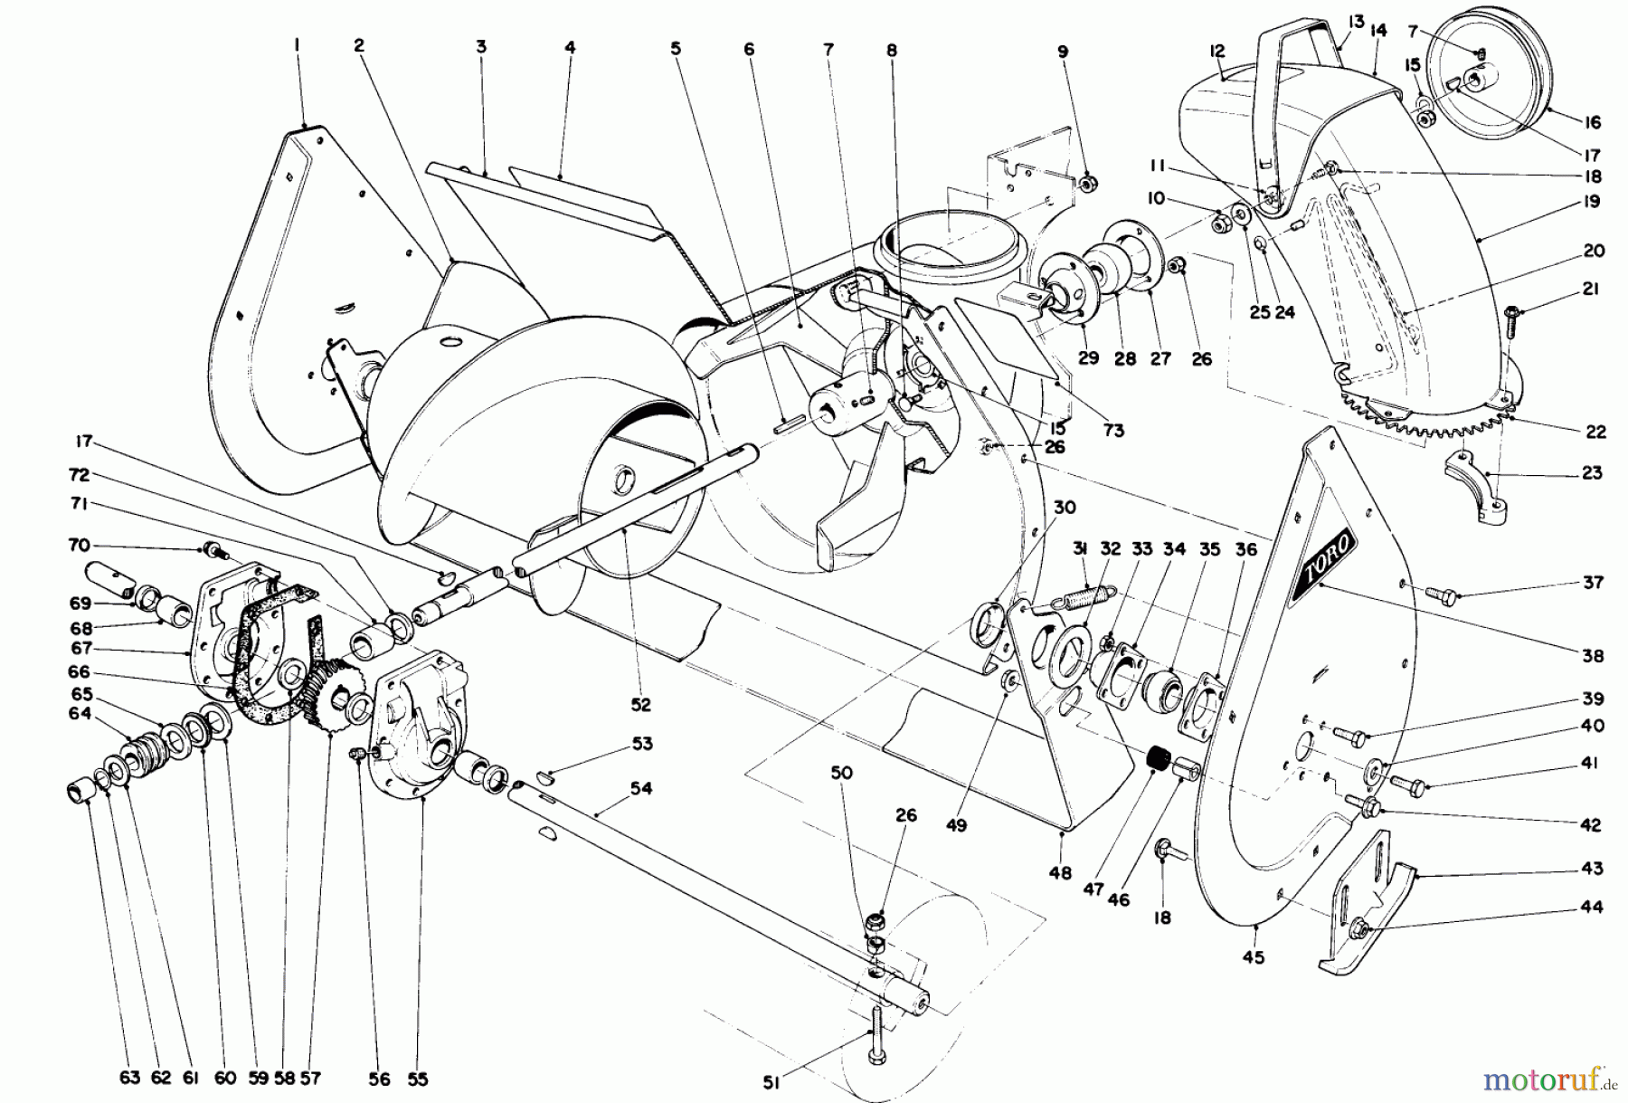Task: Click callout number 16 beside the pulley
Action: (x=1593, y=122)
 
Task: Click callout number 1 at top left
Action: (x=297, y=43)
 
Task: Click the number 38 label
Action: (x=1593, y=655)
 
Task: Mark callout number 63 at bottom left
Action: (x=129, y=1078)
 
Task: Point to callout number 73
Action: (x=1113, y=431)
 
